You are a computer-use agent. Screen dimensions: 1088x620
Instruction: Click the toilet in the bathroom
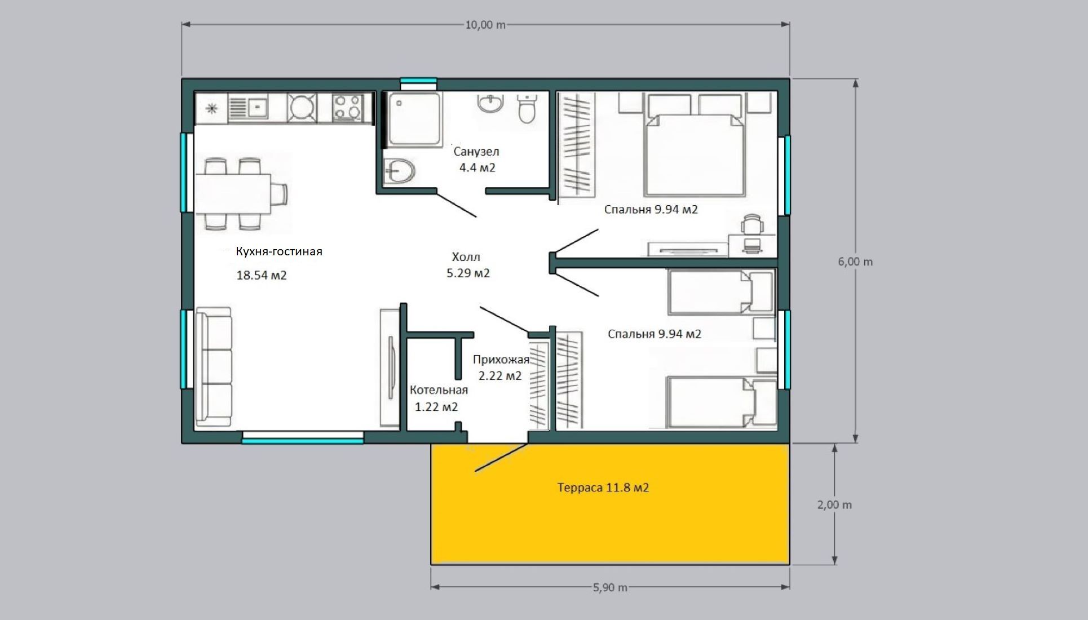click(x=527, y=108)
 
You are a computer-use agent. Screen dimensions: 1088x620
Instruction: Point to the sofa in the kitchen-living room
click(x=214, y=367)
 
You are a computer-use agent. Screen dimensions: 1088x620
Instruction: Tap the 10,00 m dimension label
click(x=485, y=25)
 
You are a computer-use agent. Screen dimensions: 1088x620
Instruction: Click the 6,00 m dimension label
click(x=855, y=262)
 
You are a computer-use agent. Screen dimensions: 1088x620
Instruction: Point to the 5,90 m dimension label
click(x=610, y=587)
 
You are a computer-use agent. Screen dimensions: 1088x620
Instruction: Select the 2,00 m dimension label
click(x=834, y=504)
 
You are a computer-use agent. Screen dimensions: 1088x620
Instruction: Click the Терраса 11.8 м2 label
click(x=603, y=488)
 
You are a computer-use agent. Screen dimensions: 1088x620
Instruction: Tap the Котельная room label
click(x=439, y=390)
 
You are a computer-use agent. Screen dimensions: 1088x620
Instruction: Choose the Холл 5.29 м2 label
click(x=468, y=265)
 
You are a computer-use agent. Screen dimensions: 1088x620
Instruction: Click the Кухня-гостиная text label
click(x=279, y=251)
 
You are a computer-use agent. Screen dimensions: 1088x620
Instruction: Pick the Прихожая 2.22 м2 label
click(x=501, y=367)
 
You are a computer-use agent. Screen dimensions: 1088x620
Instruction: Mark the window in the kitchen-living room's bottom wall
click(x=303, y=438)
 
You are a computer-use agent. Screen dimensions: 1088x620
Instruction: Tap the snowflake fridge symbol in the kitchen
click(x=212, y=108)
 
